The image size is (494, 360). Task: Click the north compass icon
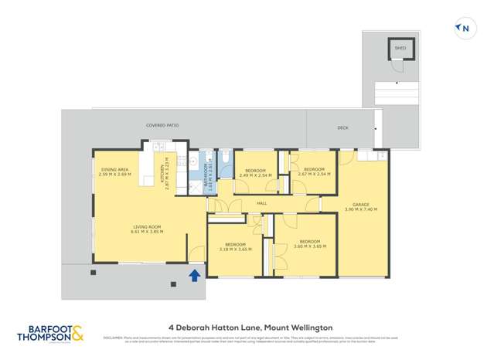click(463, 29)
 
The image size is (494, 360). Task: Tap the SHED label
click(400, 48)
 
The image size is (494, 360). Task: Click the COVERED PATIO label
click(162, 125)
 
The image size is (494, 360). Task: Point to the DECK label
click(343, 128)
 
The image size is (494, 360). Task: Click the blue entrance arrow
click(195, 274)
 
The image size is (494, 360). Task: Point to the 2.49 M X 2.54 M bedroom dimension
click(254, 175)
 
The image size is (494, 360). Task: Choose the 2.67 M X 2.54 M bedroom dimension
click(313, 174)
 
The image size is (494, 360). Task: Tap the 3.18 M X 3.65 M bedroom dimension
click(235, 249)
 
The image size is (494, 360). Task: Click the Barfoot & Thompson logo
click(51, 334)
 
